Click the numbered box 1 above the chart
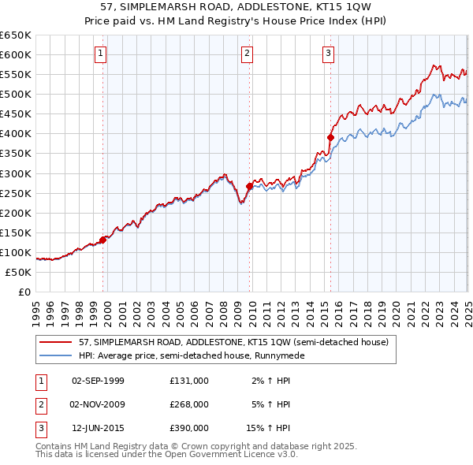point(102,54)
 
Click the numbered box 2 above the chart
point(248,54)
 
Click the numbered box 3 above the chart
point(328,54)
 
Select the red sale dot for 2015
point(330,137)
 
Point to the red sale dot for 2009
point(250,186)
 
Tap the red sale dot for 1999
point(103,240)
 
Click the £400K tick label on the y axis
point(16,133)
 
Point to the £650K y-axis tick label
point(16,35)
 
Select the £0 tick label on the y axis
point(23,292)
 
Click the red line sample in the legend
point(56,343)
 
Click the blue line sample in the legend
point(56,355)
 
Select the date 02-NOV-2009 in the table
point(98,404)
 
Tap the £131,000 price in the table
point(188,380)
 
